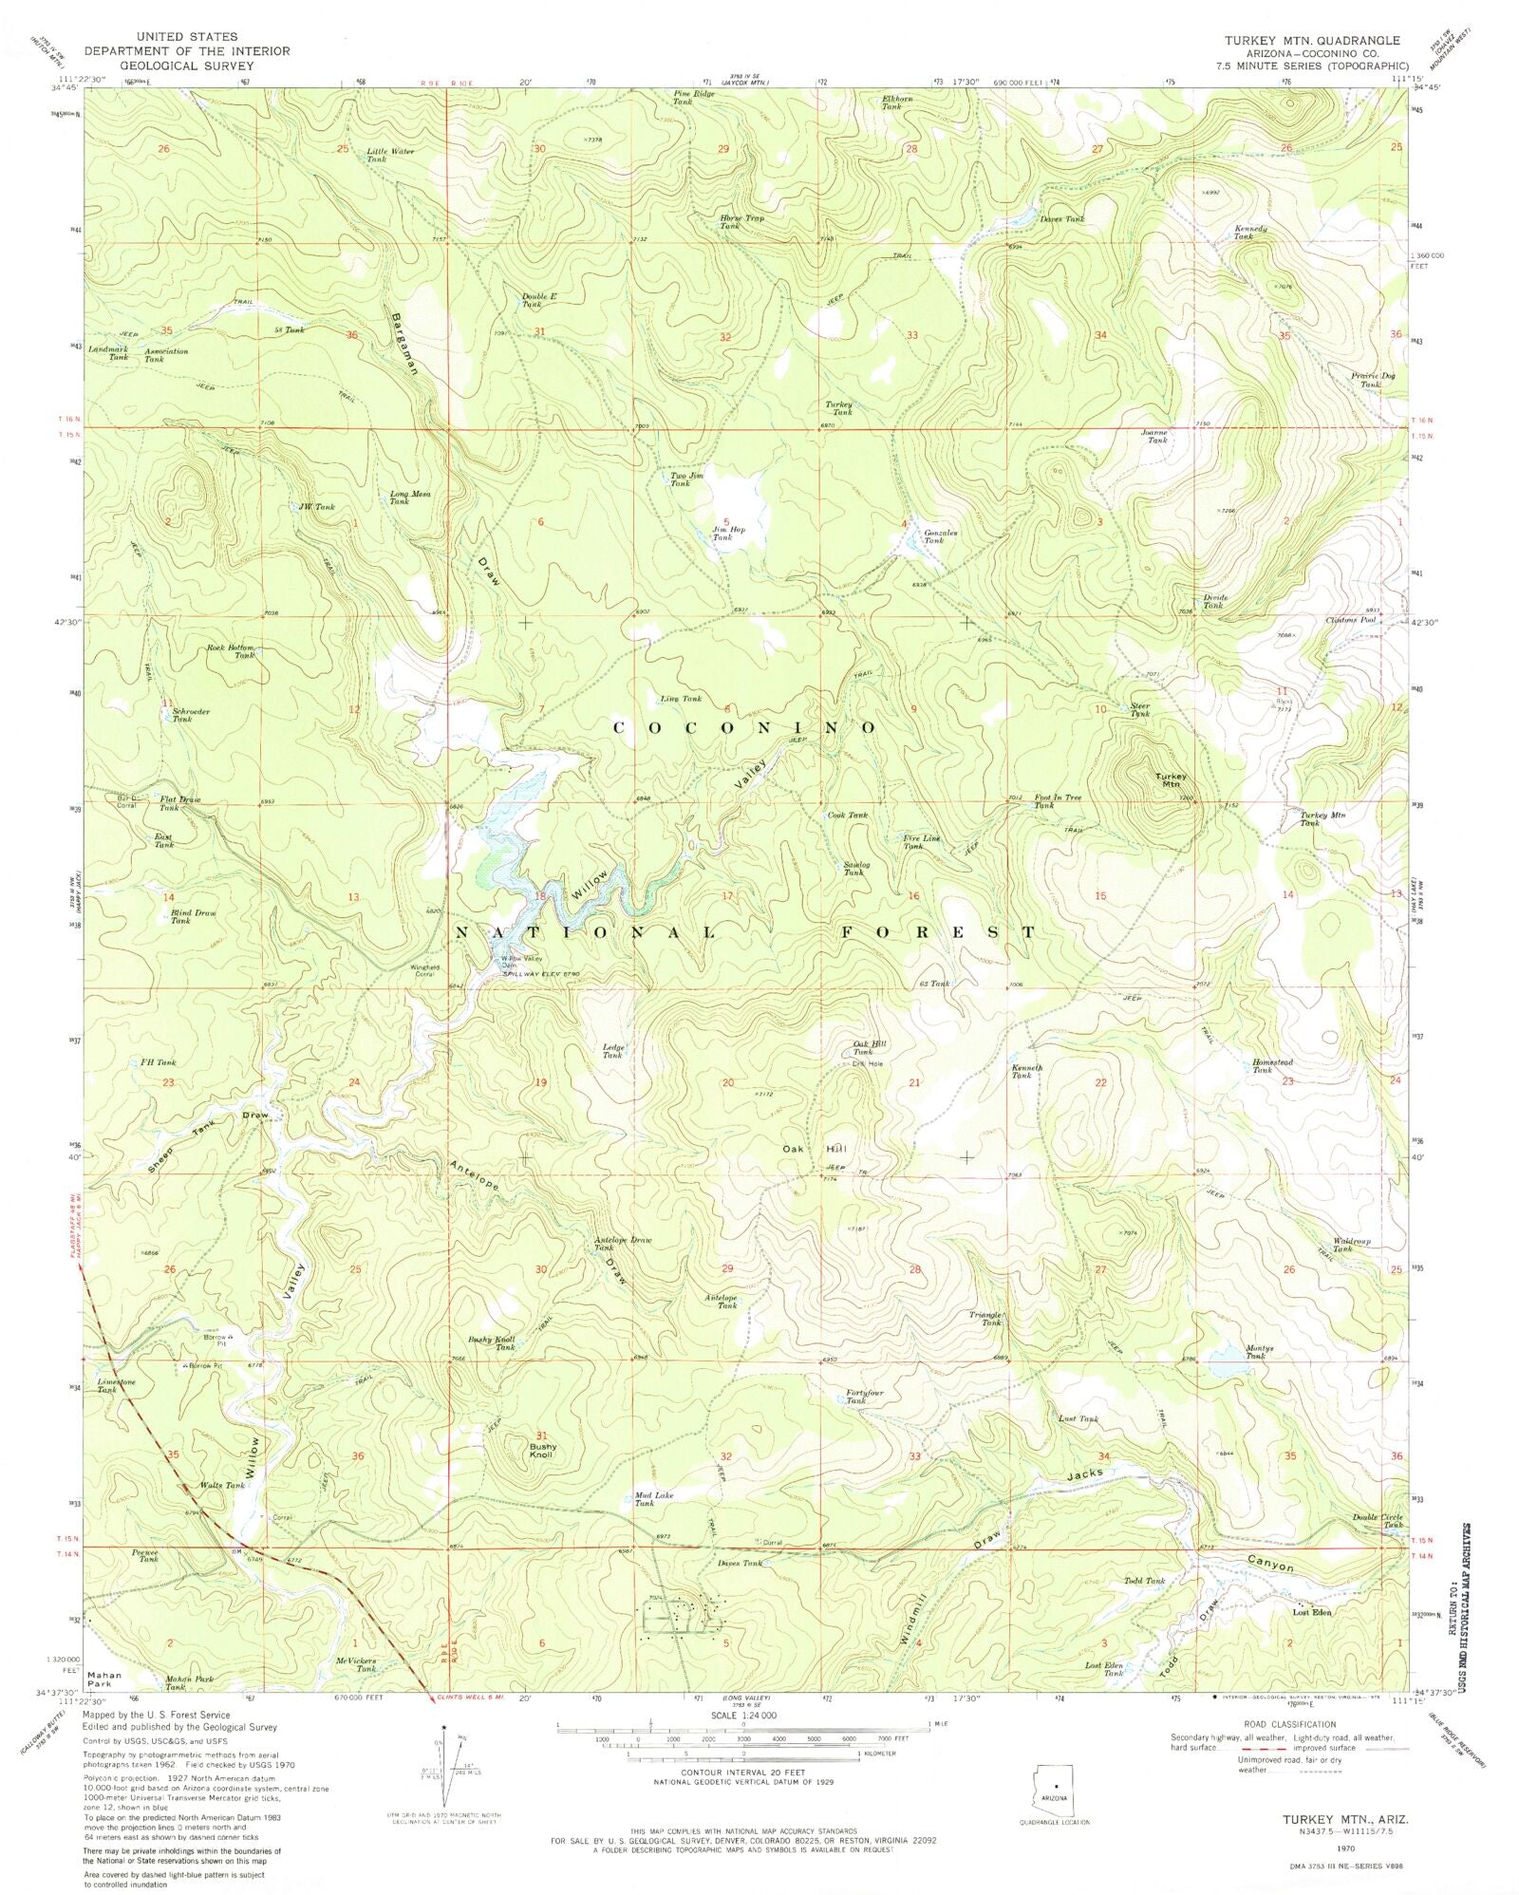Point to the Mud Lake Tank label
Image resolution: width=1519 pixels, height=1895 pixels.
pyautogui.click(x=654, y=1500)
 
